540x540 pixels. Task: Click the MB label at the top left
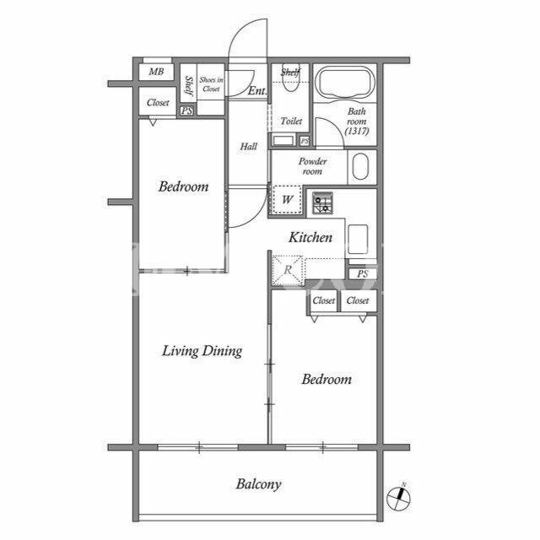(156, 72)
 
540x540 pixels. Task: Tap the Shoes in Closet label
(211, 84)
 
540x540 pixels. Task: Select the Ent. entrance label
(256, 91)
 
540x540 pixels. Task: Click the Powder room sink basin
(360, 167)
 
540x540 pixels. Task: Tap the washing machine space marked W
(288, 199)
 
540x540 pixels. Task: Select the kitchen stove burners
(322, 203)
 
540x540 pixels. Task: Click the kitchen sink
(358, 240)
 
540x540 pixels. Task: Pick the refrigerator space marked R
(288, 270)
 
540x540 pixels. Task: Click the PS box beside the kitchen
(362, 273)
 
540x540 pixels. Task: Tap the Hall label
(248, 147)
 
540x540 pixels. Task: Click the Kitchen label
(310, 237)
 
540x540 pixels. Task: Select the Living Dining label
(202, 351)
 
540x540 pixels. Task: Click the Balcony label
(259, 484)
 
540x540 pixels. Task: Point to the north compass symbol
(399, 497)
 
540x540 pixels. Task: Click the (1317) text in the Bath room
(357, 131)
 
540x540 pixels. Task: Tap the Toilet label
(291, 121)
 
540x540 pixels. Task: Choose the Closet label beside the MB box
(158, 103)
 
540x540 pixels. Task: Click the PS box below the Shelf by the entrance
(186, 111)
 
